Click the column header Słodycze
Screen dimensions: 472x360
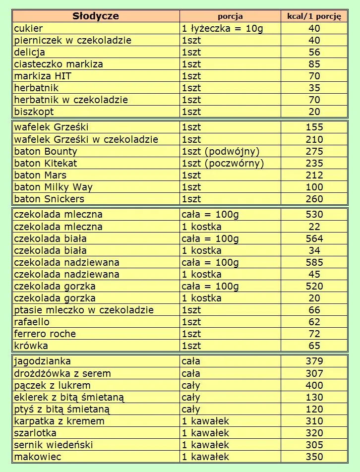point(96,16)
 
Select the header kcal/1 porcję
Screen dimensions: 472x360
point(314,16)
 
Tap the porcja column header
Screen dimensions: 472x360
point(231,16)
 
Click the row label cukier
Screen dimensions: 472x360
point(29,28)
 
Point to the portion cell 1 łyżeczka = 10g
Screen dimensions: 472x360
point(223,28)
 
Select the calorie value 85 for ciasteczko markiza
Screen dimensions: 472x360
point(314,64)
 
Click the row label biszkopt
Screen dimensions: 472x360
point(34,112)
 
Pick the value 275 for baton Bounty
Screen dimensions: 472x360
point(314,151)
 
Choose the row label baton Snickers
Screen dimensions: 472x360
point(49,199)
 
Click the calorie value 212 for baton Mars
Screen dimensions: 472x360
point(314,175)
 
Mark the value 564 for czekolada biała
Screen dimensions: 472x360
point(314,238)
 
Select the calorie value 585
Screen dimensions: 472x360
point(314,262)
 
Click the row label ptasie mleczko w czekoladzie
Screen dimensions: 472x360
point(84,310)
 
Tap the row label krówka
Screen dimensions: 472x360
point(31,346)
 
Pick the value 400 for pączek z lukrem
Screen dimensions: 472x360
point(314,385)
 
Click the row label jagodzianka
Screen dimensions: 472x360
point(43,361)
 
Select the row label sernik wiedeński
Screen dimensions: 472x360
point(54,445)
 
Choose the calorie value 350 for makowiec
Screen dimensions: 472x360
point(314,457)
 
